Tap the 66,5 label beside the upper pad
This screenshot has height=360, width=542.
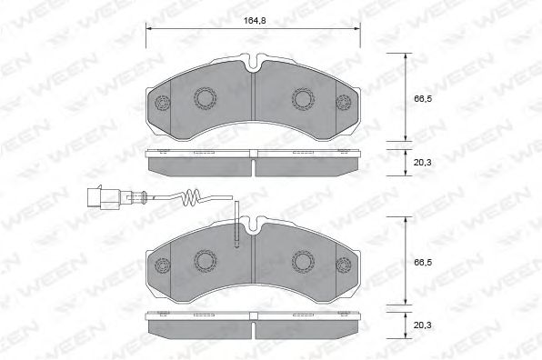[423, 99]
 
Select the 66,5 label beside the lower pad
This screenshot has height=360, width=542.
[423, 262]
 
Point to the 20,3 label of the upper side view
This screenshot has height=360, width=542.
[422, 162]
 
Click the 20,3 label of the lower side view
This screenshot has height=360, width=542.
[422, 325]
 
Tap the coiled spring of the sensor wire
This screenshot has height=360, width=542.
[190, 198]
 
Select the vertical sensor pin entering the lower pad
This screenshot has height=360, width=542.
[236, 225]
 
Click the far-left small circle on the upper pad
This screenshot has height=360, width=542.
[163, 103]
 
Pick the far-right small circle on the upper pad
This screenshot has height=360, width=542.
[344, 102]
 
